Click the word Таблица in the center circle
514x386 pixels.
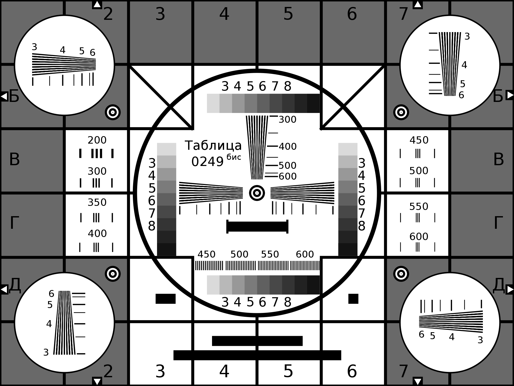tap(213, 146)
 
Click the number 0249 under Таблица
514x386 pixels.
tap(207, 162)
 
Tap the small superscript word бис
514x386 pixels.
tap(234, 157)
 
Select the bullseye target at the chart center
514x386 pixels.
tap(257, 193)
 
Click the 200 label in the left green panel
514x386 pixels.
tap(97, 140)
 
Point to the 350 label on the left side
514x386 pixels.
tap(97, 203)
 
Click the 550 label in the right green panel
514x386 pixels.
tap(419, 207)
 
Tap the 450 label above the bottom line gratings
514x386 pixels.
tap(206, 255)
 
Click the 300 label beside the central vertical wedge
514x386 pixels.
tap(288, 120)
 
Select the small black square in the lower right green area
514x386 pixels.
tap(353, 299)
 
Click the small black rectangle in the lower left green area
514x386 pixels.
tap(166, 299)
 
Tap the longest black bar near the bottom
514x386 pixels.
tap(257, 355)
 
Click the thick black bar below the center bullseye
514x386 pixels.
tap(257, 227)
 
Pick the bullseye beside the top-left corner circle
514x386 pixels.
tap(113, 112)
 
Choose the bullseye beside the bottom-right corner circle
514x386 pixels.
tap(401, 274)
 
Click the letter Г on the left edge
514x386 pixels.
tap(14, 223)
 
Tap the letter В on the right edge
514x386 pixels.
tap(499, 160)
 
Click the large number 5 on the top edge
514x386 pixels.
tap(288, 14)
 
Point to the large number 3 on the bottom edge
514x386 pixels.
tap(160, 371)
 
